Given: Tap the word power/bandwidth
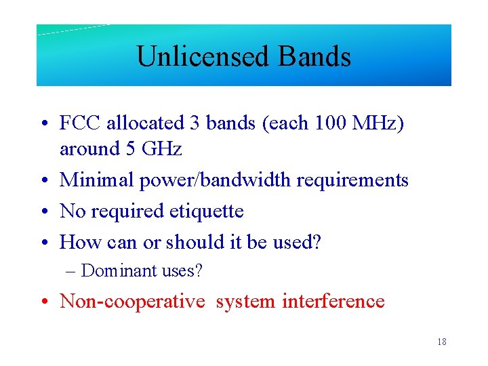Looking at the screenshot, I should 216,180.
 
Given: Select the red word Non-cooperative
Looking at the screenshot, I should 132,301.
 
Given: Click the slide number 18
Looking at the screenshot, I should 441,342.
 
